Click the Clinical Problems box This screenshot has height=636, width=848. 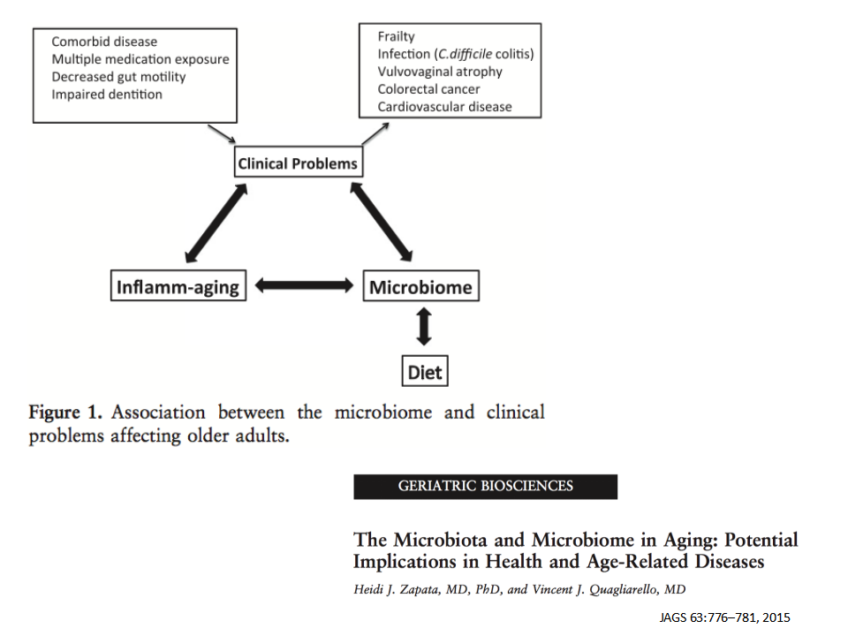pyautogui.click(x=299, y=162)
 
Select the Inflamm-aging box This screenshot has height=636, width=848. pyautogui.click(x=178, y=285)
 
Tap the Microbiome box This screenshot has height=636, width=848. pyautogui.click(x=420, y=285)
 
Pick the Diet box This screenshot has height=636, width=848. pyautogui.click(x=425, y=371)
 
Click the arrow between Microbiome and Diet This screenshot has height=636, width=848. pyautogui.click(x=424, y=327)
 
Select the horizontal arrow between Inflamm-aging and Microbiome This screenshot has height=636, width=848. pyautogui.click(x=304, y=285)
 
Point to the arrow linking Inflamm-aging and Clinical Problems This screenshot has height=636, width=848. pyautogui.click(x=216, y=223)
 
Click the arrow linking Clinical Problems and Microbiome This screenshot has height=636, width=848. pyautogui.click(x=382, y=222)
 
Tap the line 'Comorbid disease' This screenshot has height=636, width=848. pyautogui.click(x=104, y=42)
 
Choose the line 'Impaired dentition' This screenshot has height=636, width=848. pyautogui.click(x=107, y=95)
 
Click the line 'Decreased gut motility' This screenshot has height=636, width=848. pyautogui.click(x=119, y=77)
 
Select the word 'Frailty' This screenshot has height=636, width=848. pyautogui.click(x=397, y=36)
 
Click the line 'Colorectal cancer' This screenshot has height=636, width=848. pyautogui.click(x=429, y=88)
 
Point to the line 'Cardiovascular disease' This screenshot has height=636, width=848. pyautogui.click(x=444, y=107)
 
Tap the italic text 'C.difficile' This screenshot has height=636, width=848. pyautogui.click(x=466, y=54)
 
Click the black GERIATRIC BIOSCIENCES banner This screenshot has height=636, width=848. pyautogui.click(x=486, y=487)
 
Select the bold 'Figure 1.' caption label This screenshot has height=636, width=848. pyautogui.click(x=65, y=413)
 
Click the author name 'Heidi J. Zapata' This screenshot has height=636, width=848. pyautogui.click(x=399, y=589)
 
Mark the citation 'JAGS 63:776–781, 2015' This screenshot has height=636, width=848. pyautogui.click(x=724, y=617)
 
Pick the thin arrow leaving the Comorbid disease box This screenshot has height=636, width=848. pyautogui.click(x=222, y=133)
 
